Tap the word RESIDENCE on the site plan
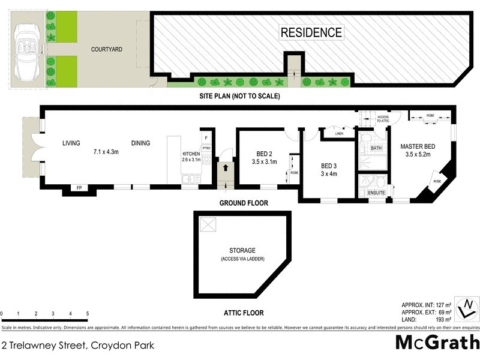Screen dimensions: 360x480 click(x=311, y=32)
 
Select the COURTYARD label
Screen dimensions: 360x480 click(x=107, y=49)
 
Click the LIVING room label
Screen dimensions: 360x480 click(x=71, y=143)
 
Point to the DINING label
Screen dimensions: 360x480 click(x=141, y=143)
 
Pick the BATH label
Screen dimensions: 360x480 click(x=376, y=148)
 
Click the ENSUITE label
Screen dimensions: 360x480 click(x=376, y=193)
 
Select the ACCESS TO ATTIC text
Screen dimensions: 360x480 click(x=383, y=119)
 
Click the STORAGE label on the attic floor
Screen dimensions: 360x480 click(x=242, y=250)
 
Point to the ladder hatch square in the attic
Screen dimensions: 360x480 click(x=208, y=225)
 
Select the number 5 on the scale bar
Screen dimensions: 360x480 click(x=88, y=314)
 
